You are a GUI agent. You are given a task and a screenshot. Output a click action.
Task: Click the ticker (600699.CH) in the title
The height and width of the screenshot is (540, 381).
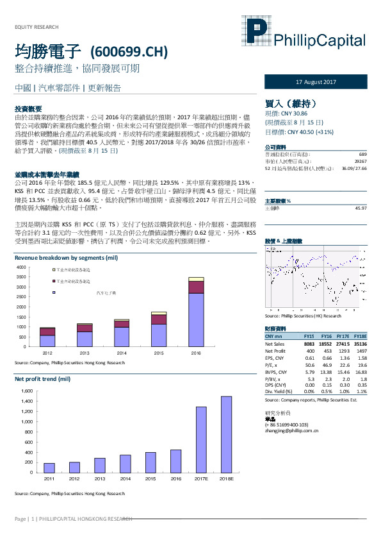click(131, 51)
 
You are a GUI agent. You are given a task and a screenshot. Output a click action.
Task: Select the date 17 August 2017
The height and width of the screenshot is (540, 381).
click(316, 83)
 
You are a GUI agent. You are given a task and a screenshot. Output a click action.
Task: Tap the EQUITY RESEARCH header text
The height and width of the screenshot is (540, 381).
click(36, 27)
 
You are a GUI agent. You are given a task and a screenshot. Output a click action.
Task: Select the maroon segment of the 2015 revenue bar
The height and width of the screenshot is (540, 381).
click(159, 319)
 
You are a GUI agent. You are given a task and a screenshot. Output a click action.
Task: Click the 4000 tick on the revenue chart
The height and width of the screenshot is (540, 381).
click(21, 267)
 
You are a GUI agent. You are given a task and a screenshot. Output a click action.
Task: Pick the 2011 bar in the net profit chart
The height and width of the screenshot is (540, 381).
click(49, 468)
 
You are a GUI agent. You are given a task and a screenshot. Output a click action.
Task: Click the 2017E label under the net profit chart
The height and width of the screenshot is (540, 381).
click(201, 478)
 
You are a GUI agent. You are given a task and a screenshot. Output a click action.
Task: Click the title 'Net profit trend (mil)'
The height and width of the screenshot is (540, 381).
click(42, 380)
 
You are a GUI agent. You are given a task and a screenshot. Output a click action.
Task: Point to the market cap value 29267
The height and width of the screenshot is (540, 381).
click(360, 161)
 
